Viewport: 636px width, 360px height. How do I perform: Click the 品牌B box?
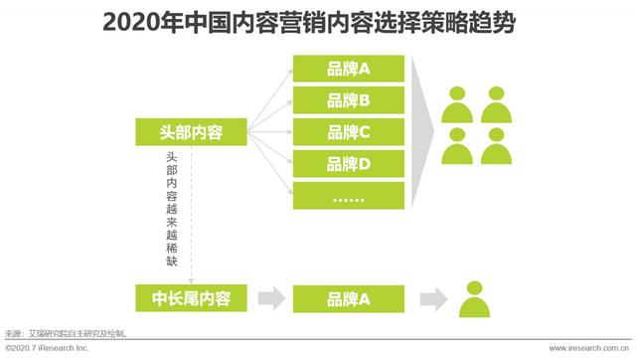[349, 99]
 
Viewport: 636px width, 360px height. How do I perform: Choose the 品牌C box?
[349, 131]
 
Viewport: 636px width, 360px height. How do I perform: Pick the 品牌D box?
[349, 163]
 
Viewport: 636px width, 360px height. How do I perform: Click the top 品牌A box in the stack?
[349, 68]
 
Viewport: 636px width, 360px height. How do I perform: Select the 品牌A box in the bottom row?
[349, 296]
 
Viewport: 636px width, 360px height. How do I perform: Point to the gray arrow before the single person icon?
[429, 296]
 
